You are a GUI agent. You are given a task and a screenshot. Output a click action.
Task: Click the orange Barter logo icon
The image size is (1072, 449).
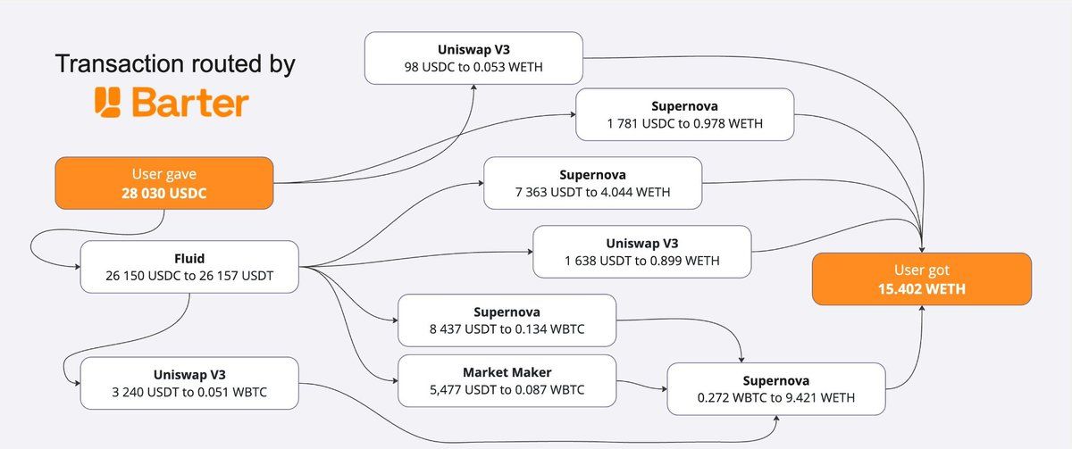tap(107, 102)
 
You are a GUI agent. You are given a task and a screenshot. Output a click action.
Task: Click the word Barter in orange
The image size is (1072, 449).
tap(190, 103)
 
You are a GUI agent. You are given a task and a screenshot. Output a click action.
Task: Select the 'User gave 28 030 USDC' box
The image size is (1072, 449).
tap(164, 183)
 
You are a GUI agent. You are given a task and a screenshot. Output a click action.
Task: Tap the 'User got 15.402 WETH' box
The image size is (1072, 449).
tap(922, 279)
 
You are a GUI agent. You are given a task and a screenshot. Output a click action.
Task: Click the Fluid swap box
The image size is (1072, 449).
tap(189, 267)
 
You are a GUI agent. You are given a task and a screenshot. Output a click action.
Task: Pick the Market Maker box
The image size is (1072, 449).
tap(507, 380)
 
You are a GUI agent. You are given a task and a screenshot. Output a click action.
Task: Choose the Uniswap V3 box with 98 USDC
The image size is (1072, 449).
tap(473, 58)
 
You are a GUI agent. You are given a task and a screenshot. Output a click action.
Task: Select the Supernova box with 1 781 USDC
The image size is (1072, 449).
tap(685, 114)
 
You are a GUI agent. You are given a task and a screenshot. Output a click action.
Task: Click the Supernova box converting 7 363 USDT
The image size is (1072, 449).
tap(593, 183)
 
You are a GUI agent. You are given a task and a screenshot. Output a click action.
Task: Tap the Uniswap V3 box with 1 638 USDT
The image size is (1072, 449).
tap(641, 252)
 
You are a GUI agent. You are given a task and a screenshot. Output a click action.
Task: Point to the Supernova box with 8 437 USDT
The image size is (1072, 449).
tap(507, 320)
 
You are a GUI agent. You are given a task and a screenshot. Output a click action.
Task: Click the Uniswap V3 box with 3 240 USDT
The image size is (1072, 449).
tap(189, 383)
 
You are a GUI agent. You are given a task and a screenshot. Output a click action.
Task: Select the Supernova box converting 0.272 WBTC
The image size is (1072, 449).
tap(775, 389)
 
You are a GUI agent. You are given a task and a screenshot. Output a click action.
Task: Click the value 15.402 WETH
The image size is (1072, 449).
tap(922, 289)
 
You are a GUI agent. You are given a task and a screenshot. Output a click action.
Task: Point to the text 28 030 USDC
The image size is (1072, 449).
tap(164, 193)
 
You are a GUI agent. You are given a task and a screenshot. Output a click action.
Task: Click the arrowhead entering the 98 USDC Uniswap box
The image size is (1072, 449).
tap(473, 87)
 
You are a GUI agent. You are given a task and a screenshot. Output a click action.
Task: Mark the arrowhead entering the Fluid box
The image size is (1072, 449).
tap(78, 267)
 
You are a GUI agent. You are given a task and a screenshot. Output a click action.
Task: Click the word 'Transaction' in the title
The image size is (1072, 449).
tap(120, 63)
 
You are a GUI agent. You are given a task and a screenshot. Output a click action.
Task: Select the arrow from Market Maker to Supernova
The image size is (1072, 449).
tap(641, 385)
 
